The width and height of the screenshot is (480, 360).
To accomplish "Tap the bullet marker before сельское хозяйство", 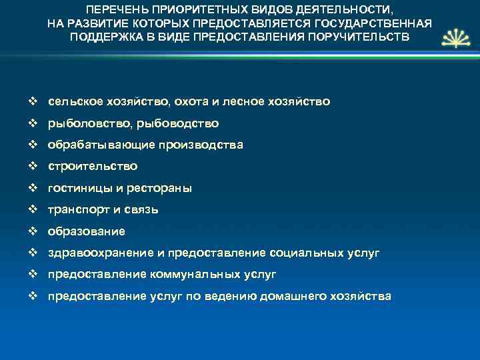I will pyautogui.click(x=33, y=101).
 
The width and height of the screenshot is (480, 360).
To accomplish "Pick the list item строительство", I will pyautogui.click(x=93, y=166).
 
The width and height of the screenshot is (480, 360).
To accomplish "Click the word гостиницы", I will pyautogui.click(x=77, y=188).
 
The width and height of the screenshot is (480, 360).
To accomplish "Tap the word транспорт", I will pyautogui.click(x=77, y=210).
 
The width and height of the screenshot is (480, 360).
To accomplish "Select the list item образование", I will pyautogui.click(x=86, y=231).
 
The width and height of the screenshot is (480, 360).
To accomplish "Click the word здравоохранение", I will pyautogui.click(x=96, y=253).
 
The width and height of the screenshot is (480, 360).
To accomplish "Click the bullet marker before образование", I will pyautogui.click(x=33, y=231).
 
